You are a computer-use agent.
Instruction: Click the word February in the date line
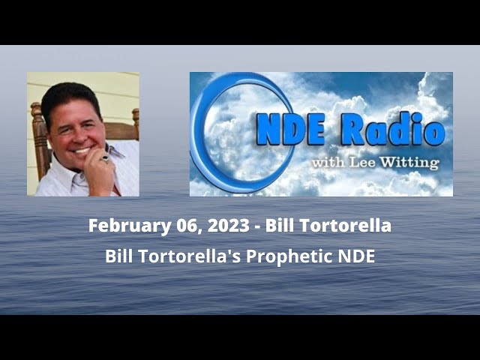[x=124, y=225]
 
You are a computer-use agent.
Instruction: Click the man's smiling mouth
[x=80, y=151]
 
